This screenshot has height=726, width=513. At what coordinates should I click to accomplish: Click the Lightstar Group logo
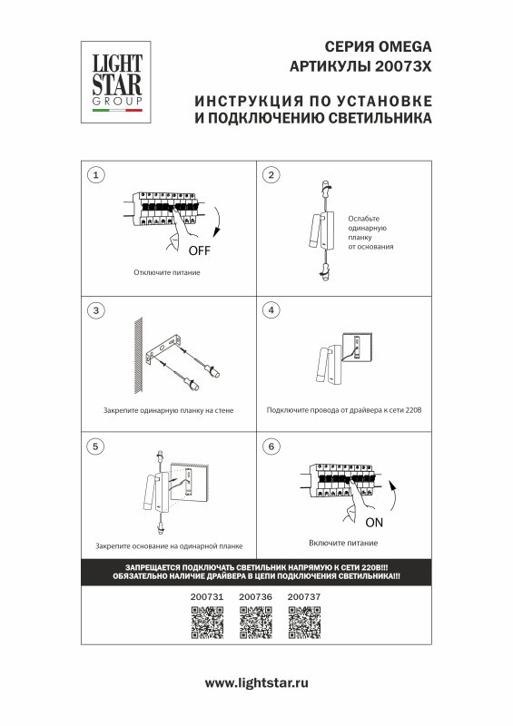tap(113, 85)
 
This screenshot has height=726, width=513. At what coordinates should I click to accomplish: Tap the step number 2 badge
tap(270, 174)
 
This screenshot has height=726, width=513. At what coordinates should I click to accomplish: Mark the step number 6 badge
tap(270, 446)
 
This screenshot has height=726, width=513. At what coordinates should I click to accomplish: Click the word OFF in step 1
tap(199, 250)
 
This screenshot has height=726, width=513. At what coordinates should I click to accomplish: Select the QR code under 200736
tap(255, 623)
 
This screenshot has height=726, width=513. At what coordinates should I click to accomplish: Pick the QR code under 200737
tap(303, 623)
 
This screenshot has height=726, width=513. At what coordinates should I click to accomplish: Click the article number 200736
tap(255, 596)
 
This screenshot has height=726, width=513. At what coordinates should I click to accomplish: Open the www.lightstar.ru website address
tap(257, 682)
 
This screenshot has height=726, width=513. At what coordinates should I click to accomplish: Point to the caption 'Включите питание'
tap(342, 542)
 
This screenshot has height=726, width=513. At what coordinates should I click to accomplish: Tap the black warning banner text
tap(256, 571)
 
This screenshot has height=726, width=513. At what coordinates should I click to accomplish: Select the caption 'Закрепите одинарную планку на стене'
tap(168, 410)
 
